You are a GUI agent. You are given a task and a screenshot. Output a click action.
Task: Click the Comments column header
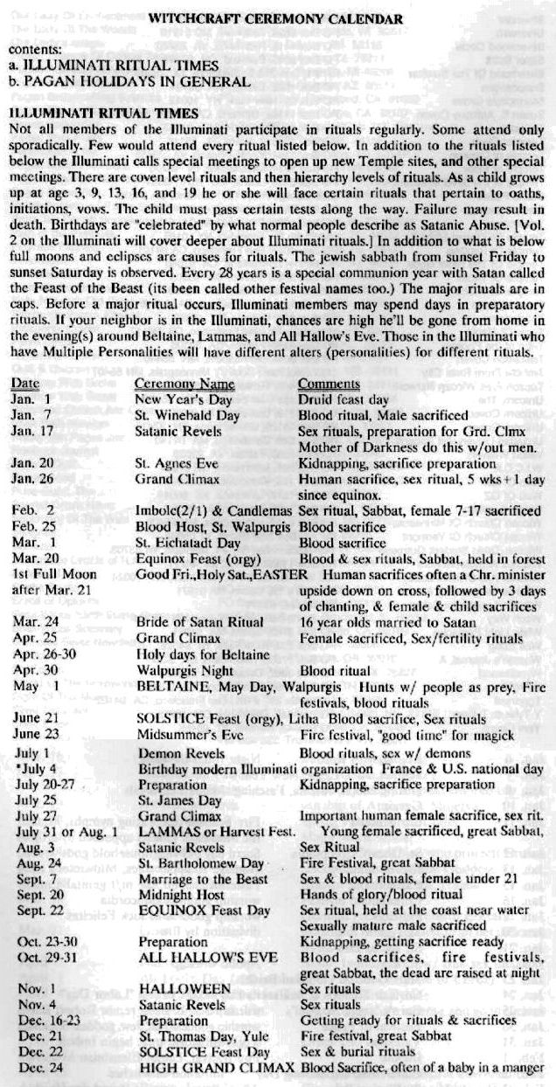coord(329,383)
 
